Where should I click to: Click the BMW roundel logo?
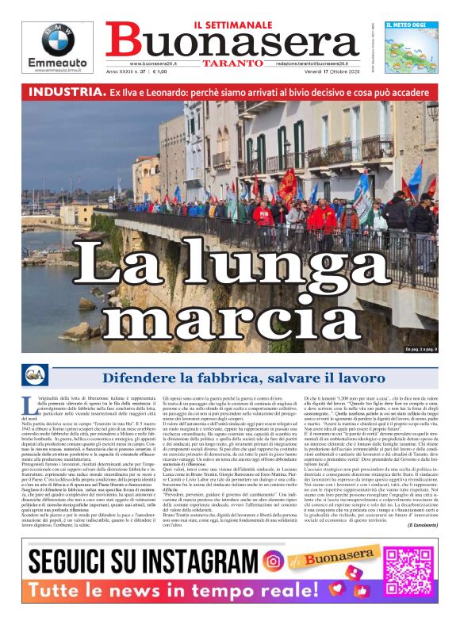point(58,40)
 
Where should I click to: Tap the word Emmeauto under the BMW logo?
point(58,63)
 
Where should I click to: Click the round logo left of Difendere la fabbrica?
point(35,376)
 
